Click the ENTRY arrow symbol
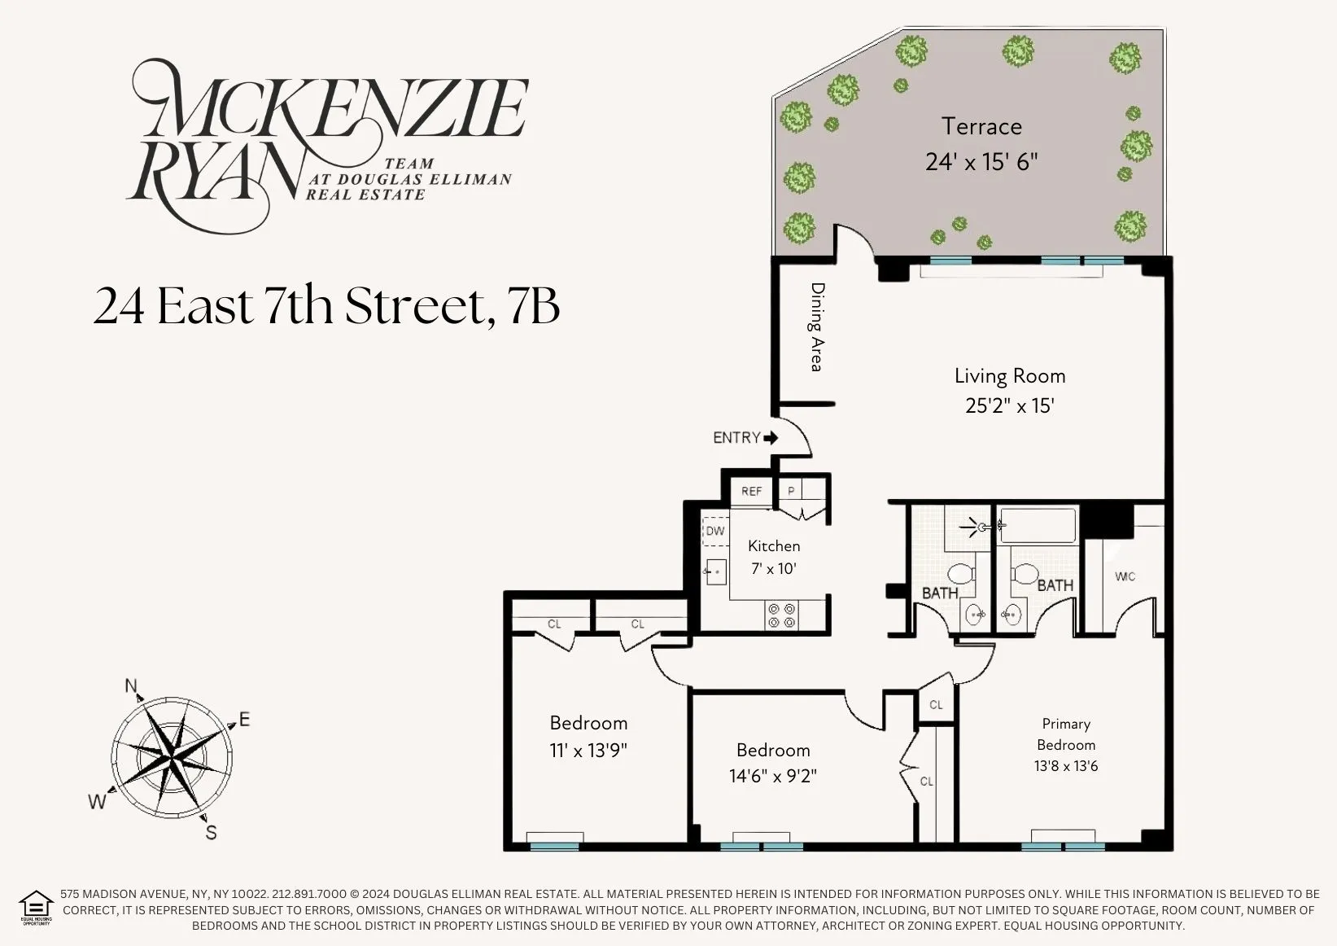coord(770,438)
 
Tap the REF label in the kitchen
coord(751,492)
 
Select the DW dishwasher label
coord(714,532)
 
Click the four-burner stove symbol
coord(782,615)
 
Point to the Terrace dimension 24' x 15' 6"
coord(981,162)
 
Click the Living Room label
coord(1009,376)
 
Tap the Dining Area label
coord(817,326)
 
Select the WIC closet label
coord(1125,576)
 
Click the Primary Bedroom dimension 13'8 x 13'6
coord(1066,766)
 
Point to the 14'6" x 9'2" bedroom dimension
coord(772,776)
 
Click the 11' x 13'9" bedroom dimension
coord(588,750)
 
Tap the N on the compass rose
coord(131,685)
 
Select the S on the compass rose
coord(211,832)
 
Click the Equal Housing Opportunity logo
coord(36,907)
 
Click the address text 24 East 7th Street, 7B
coord(326,307)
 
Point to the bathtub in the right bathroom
coord(1038,524)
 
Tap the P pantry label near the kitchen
coord(791,492)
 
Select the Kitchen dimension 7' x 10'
coord(773,568)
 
